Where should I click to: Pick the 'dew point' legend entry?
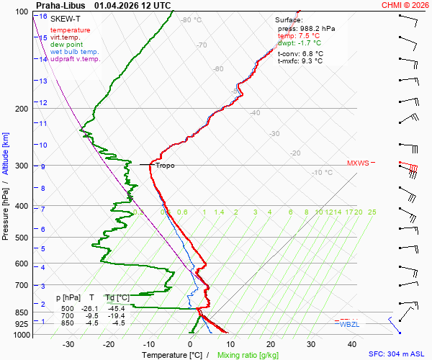66,45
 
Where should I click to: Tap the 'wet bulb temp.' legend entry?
75,52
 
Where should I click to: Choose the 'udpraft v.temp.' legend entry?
76,59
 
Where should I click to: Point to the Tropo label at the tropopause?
165,166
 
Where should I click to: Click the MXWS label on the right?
358,163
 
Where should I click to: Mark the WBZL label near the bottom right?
350,325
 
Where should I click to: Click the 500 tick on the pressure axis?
22,238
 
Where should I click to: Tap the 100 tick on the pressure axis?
22,12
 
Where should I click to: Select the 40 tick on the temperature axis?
311,344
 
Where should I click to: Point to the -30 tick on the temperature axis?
69,344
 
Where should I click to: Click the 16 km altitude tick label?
43,17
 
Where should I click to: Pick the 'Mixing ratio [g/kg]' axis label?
248,355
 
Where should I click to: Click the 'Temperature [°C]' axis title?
173,355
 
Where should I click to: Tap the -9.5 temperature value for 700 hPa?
92,315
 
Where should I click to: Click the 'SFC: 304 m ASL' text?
400,354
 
